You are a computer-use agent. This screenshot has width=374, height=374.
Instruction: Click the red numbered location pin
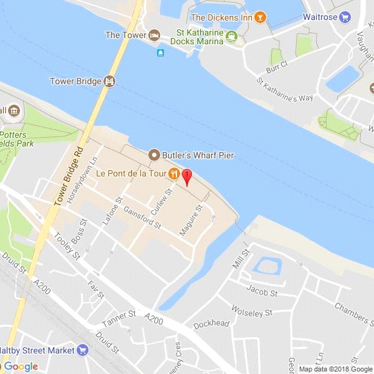(x=186, y=176)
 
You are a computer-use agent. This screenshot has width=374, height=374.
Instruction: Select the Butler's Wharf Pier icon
(x=154, y=155)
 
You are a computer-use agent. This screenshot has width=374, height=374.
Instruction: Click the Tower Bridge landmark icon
(x=110, y=81)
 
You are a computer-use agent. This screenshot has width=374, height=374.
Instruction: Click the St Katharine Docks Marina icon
(x=231, y=36)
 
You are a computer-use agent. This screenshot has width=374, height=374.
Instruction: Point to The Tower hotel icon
(x=154, y=35)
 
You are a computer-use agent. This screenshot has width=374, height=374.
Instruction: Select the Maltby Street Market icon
(x=83, y=350)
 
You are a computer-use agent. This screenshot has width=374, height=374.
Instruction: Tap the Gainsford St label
(x=142, y=217)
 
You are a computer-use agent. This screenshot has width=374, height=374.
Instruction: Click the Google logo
(x=21, y=367)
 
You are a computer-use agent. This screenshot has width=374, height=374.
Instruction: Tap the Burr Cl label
(x=275, y=64)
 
